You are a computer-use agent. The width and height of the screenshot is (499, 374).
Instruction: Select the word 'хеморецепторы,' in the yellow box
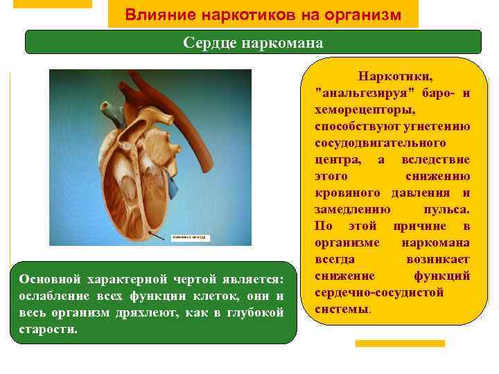point(365,109)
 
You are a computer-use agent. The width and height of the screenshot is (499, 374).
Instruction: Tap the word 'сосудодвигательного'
point(379,143)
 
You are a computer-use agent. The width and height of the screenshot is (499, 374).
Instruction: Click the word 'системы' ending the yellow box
point(342,309)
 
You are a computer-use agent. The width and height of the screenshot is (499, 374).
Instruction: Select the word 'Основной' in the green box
point(48,279)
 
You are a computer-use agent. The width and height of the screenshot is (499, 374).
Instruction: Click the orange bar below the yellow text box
point(400,344)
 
